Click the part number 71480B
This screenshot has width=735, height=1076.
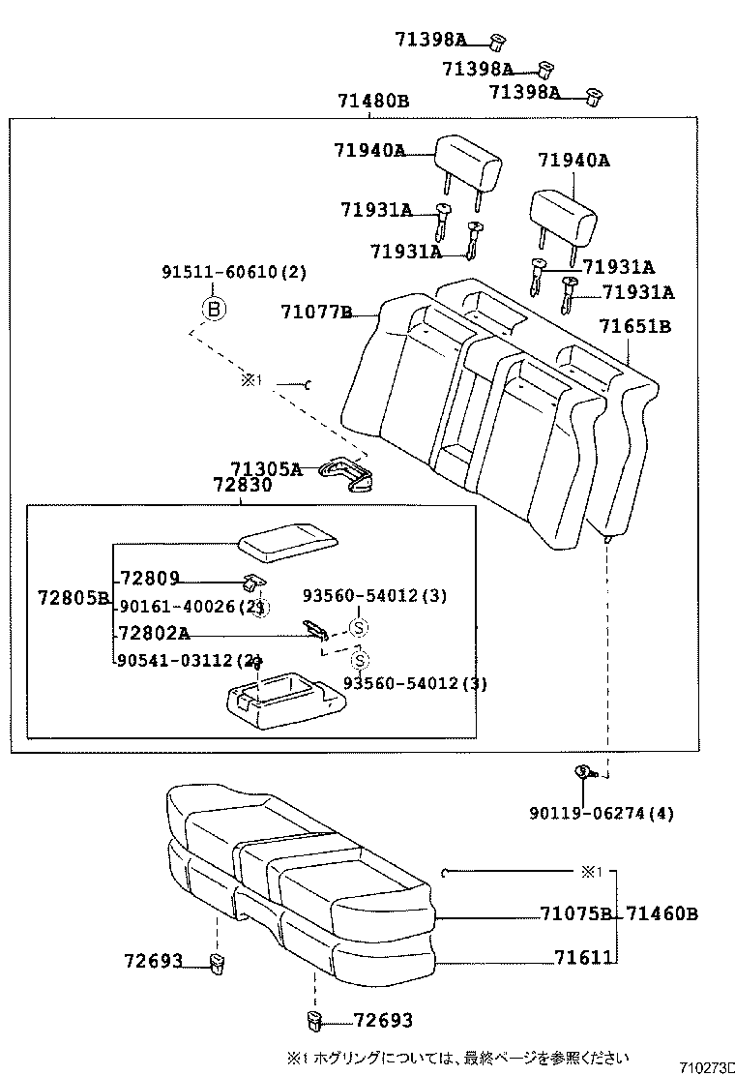pyautogui.click(x=372, y=101)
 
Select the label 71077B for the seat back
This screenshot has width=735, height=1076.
pyautogui.click(x=315, y=312)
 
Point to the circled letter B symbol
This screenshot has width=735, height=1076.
pyautogui.click(x=213, y=310)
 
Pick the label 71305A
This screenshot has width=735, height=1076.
pyautogui.click(x=265, y=469)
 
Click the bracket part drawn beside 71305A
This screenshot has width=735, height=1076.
pyautogui.click(x=349, y=473)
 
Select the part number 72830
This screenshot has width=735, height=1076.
pyautogui.click(x=242, y=486)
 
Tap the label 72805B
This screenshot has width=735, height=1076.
pyautogui.click(x=73, y=598)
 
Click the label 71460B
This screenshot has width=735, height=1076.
pyautogui.click(x=661, y=913)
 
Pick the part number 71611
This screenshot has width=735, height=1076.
pyautogui.click(x=583, y=957)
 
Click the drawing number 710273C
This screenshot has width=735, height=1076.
pyautogui.click(x=706, y=1067)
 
